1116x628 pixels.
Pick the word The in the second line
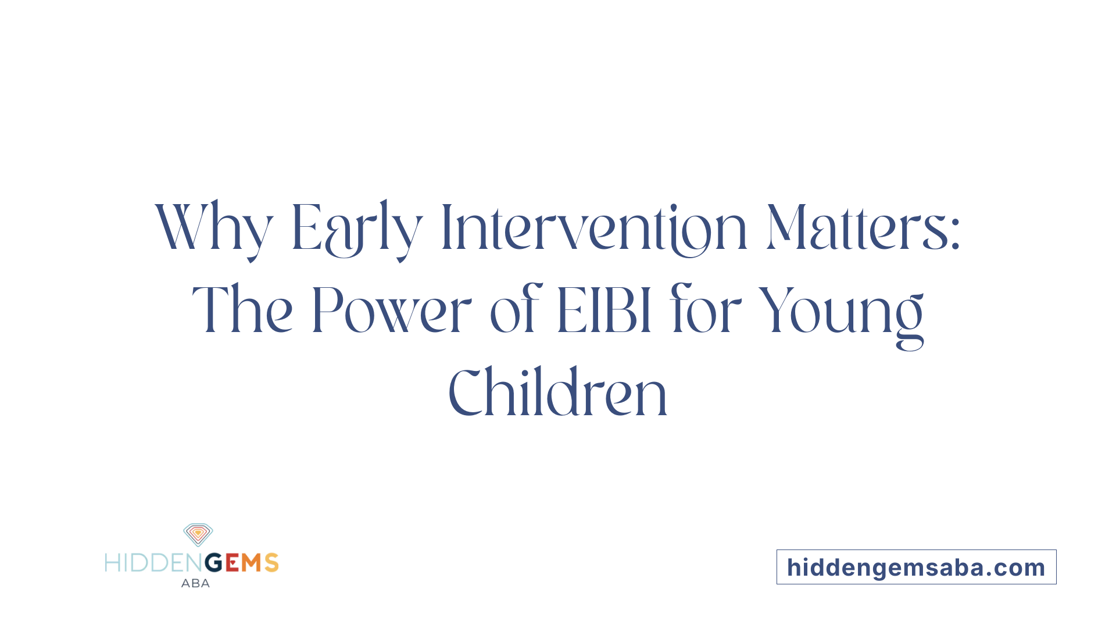point(242,309)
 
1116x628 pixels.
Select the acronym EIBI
point(604,311)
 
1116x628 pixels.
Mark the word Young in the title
point(842,317)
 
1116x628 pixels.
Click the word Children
point(558,392)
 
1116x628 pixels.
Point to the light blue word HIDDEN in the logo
point(154,563)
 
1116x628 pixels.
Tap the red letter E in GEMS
point(232,563)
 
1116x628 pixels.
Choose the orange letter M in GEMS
point(252,563)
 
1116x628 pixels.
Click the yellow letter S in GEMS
point(271,563)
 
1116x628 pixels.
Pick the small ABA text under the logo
point(195,583)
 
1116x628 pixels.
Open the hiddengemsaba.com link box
point(917,567)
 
